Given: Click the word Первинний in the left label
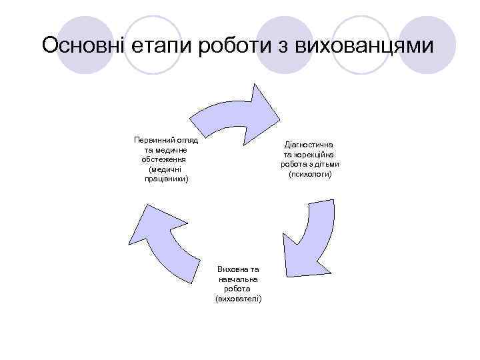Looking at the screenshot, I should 153,140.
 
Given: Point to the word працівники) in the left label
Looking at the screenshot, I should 166,179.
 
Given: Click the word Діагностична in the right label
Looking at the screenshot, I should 309,144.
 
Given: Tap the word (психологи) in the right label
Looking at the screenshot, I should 309,174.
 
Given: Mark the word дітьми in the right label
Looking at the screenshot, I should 327,164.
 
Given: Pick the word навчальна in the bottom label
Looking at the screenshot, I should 238,279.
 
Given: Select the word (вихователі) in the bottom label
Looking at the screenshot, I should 238,299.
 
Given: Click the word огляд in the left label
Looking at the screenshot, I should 188,140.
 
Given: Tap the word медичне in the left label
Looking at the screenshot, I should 171,150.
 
